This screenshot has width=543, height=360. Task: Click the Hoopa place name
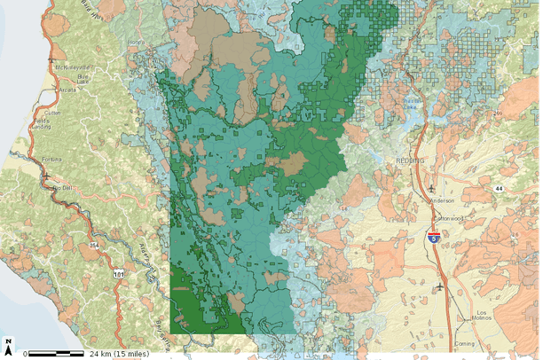tap(136, 43)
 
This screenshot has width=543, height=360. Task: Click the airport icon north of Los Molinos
tap(441, 286)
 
